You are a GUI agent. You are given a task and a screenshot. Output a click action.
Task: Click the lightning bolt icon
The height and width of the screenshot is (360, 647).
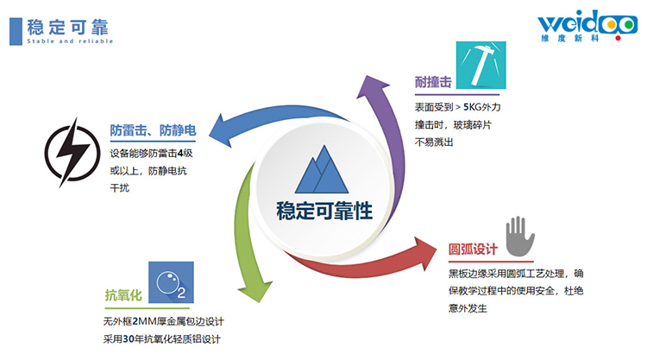pos(72,153)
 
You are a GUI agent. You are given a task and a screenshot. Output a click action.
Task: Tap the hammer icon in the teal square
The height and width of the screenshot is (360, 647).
pos(481,65)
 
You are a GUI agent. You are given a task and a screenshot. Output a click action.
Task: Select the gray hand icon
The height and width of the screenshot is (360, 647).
pos(520,236)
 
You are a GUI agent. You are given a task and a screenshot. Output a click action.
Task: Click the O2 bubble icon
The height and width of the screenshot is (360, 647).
pos(171,282)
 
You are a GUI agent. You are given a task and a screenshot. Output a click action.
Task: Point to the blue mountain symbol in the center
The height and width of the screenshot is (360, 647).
pos(322,169)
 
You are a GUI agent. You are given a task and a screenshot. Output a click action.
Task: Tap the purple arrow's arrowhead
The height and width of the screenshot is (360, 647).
pos(371,85)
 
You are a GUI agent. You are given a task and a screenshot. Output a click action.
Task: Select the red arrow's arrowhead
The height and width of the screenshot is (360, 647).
pos(425,253)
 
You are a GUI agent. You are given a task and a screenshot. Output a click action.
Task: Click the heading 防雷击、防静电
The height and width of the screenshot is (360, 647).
pos(153,130)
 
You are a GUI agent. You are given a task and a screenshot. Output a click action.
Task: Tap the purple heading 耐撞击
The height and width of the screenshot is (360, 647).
pos(433,82)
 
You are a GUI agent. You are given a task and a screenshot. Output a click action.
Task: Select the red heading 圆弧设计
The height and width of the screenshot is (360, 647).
pos(473,249)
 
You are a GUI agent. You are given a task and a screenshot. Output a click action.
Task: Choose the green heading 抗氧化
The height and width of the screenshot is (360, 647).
pos(123,295)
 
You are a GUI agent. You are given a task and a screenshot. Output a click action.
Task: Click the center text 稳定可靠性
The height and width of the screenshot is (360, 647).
pos(324,211)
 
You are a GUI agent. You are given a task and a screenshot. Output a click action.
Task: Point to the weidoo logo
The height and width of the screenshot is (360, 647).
pos(587,26)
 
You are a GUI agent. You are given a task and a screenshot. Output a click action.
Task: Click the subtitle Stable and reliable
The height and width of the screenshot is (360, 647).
pos(70,41)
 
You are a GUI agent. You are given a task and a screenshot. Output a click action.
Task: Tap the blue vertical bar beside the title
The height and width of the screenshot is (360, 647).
pos(16,31)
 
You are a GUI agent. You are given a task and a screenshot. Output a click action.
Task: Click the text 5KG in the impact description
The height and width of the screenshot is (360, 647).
pos(473,107)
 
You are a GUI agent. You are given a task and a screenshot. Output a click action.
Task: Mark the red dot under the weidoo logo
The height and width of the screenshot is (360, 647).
pos(618,38)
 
